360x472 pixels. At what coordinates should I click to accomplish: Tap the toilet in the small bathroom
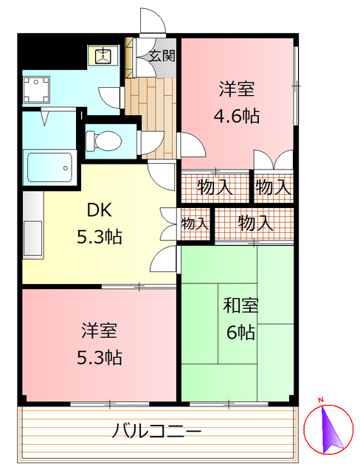tap(104, 139)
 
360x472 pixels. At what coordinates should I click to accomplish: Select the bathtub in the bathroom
tap(49, 167)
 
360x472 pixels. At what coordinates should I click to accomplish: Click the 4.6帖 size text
tap(237, 116)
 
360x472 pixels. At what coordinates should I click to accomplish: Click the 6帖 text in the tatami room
tap(240, 333)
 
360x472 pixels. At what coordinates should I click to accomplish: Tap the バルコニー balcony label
tap(156, 431)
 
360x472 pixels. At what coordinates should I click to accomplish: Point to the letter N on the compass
tap(322, 401)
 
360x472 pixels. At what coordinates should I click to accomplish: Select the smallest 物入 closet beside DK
tap(195, 223)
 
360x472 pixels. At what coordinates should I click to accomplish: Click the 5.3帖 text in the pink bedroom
tap(100, 357)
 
